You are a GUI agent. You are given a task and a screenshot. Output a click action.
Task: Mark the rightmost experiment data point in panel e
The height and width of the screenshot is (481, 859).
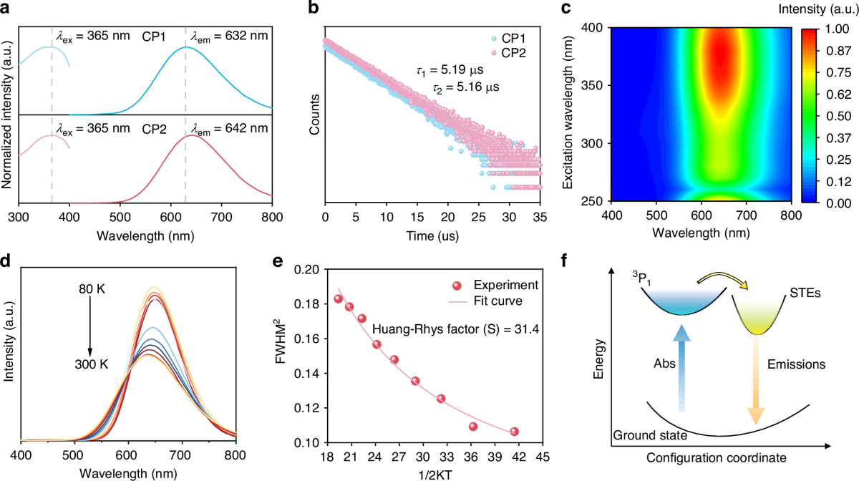(x=514, y=432)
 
